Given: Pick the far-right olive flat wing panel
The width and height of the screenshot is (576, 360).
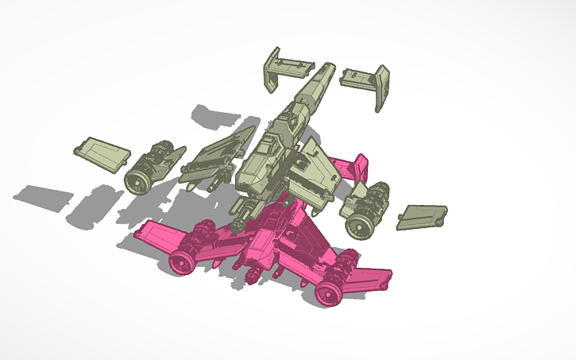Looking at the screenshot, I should pos(421,215).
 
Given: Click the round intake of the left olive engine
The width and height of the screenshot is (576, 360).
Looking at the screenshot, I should pos(137,181).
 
